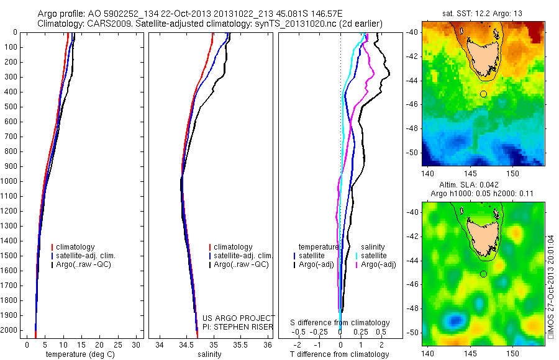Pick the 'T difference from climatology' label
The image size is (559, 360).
pos(339,354)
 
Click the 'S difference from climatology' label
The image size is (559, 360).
pos(340,323)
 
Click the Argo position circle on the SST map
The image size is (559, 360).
pos(483,94)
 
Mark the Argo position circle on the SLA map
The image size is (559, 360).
pos(483,274)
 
